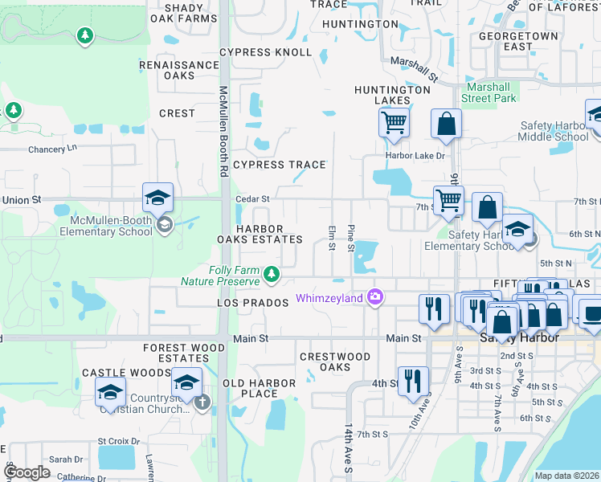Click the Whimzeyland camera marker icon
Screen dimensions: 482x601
pos(374,298)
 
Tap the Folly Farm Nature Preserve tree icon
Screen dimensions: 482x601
pos(272,275)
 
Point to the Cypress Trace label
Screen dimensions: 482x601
pos(279,165)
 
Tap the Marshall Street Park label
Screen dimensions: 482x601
pos(489,92)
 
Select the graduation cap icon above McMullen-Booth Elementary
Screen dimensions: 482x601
pos(157,198)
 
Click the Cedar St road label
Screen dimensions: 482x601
pos(251,198)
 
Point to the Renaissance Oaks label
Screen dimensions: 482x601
pos(179,70)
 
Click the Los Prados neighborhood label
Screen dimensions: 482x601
pos(252,303)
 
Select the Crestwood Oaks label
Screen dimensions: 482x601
pos(335,361)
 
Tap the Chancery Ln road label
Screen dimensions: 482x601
pos(56,149)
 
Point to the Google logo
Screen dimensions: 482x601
pos(27,472)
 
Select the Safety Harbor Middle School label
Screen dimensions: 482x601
pos(554,131)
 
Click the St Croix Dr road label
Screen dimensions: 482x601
pos(118,441)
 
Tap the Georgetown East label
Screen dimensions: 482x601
pos(518,42)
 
